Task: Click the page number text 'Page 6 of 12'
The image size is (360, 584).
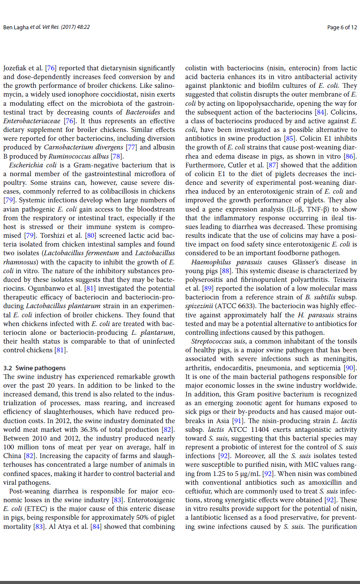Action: pos(342,28)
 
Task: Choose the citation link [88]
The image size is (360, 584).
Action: pos(226,271)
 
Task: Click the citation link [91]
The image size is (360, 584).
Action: pos(238,421)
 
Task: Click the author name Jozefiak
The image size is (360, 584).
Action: pos(16,68)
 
